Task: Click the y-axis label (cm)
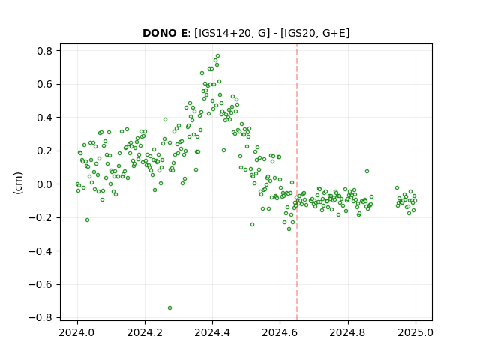[18, 183]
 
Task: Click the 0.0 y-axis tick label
[45, 184]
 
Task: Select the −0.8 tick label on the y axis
[40, 318]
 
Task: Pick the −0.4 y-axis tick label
[40, 251]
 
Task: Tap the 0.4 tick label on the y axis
[45, 118]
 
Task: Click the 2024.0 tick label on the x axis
[77, 332]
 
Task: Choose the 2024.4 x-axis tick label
[212, 332]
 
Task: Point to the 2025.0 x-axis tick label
[415, 332]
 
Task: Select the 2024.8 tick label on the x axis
[348, 332]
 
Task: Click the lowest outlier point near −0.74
[170, 307]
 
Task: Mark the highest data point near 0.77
[218, 56]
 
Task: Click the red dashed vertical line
[297, 182]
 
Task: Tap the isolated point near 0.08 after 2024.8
[367, 172]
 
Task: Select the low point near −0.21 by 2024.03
[87, 220]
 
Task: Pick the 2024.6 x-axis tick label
[280, 332]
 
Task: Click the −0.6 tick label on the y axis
[40, 285]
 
